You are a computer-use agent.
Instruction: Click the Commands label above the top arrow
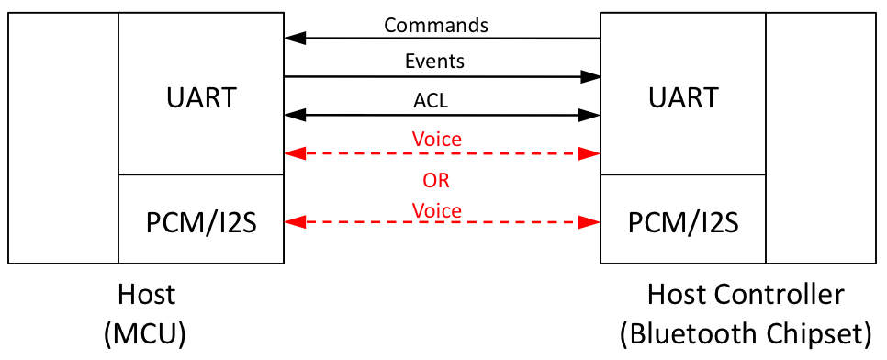point(436,25)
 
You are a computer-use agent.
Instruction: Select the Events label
point(434,62)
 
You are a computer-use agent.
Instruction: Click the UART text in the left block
point(201,97)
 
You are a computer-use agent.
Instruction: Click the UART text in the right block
point(682,97)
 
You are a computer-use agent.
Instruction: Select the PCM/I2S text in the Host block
point(201,222)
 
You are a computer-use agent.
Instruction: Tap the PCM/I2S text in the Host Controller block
point(682,222)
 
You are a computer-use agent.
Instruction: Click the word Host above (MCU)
point(146,296)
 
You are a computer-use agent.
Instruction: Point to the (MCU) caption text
point(146,333)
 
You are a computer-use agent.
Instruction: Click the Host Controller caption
point(745,296)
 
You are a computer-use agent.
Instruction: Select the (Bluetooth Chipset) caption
point(745,333)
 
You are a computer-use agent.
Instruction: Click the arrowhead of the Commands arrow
point(293,39)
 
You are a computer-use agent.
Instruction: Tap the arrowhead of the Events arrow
point(591,77)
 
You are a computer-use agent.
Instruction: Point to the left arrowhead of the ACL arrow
point(293,115)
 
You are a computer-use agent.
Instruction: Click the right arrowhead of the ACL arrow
point(591,115)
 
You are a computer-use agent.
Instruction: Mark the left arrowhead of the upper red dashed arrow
point(293,153)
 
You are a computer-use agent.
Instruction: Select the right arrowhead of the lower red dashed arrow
point(591,223)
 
